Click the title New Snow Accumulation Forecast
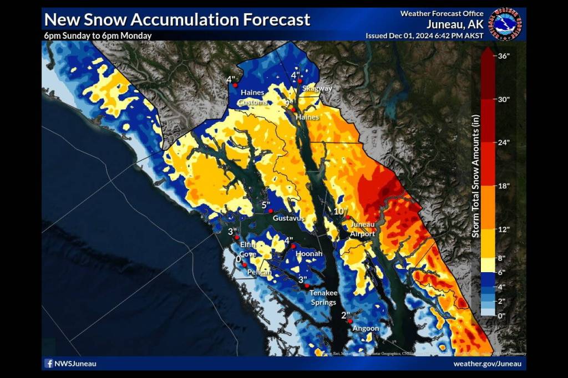176,19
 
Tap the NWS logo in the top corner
506,23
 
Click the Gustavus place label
288,219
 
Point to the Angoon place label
366,329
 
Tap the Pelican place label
259,272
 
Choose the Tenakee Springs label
323,298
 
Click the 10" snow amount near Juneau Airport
341,211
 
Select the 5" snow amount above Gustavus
266,205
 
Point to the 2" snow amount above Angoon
346,315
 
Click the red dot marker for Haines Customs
235,85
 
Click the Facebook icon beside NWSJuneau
49,364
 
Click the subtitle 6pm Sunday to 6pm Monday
98,35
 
